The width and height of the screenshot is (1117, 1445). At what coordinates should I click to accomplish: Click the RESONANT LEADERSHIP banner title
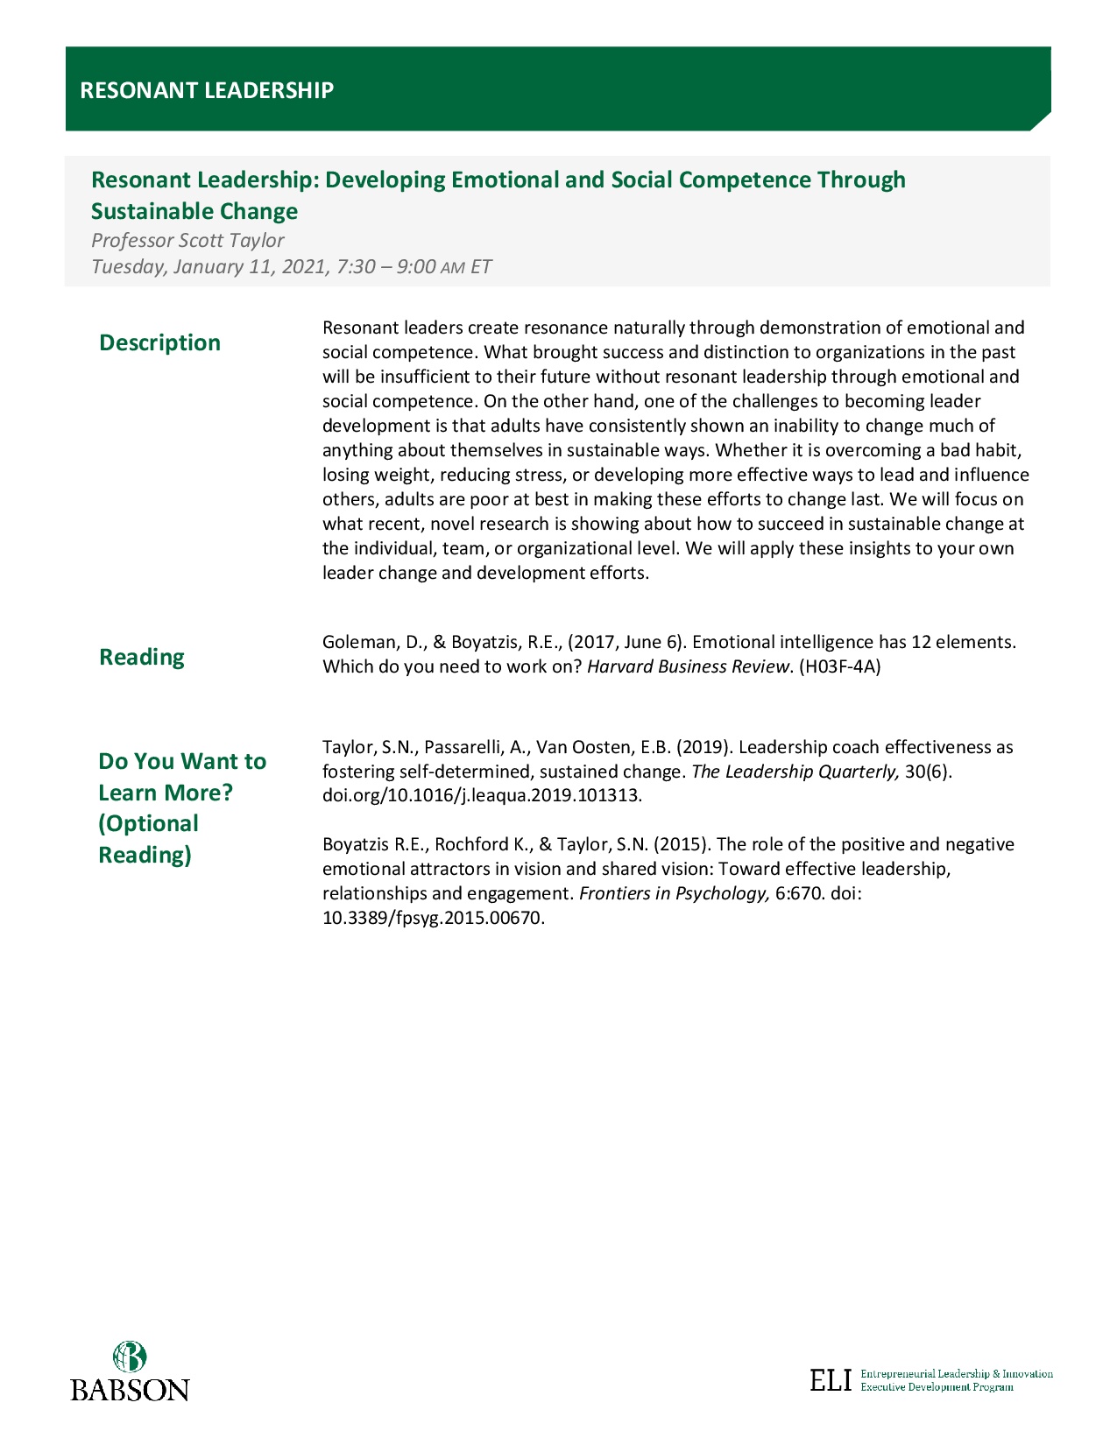click(x=207, y=90)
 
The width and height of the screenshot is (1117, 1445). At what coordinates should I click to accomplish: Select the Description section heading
click(x=159, y=342)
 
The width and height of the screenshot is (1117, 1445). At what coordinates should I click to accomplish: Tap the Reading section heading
click(x=141, y=657)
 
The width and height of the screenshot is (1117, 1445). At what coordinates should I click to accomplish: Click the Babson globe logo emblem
click(x=130, y=1357)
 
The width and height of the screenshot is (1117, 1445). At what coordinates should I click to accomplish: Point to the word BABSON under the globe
click(x=130, y=1390)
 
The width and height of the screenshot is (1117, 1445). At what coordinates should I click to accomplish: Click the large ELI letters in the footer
click(x=831, y=1381)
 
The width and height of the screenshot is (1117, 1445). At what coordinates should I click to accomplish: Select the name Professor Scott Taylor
click(x=187, y=240)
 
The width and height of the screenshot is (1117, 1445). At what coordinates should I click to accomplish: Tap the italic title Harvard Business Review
click(x=689, y=666)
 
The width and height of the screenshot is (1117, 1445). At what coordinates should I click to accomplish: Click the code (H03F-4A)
click(x=840, y=666)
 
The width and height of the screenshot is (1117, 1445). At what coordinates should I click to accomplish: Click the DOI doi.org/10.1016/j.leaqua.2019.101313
click(x=482, y=796)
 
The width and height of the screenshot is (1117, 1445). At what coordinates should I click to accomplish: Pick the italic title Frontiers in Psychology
click(x=675, y=893)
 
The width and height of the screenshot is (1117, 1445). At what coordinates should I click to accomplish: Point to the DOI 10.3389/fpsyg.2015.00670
click(x=433, y=918)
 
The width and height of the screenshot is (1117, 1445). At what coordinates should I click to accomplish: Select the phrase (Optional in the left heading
click(x=148, y=823)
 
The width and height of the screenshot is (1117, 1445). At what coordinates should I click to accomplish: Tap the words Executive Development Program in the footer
click(x=937, y=1387)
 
